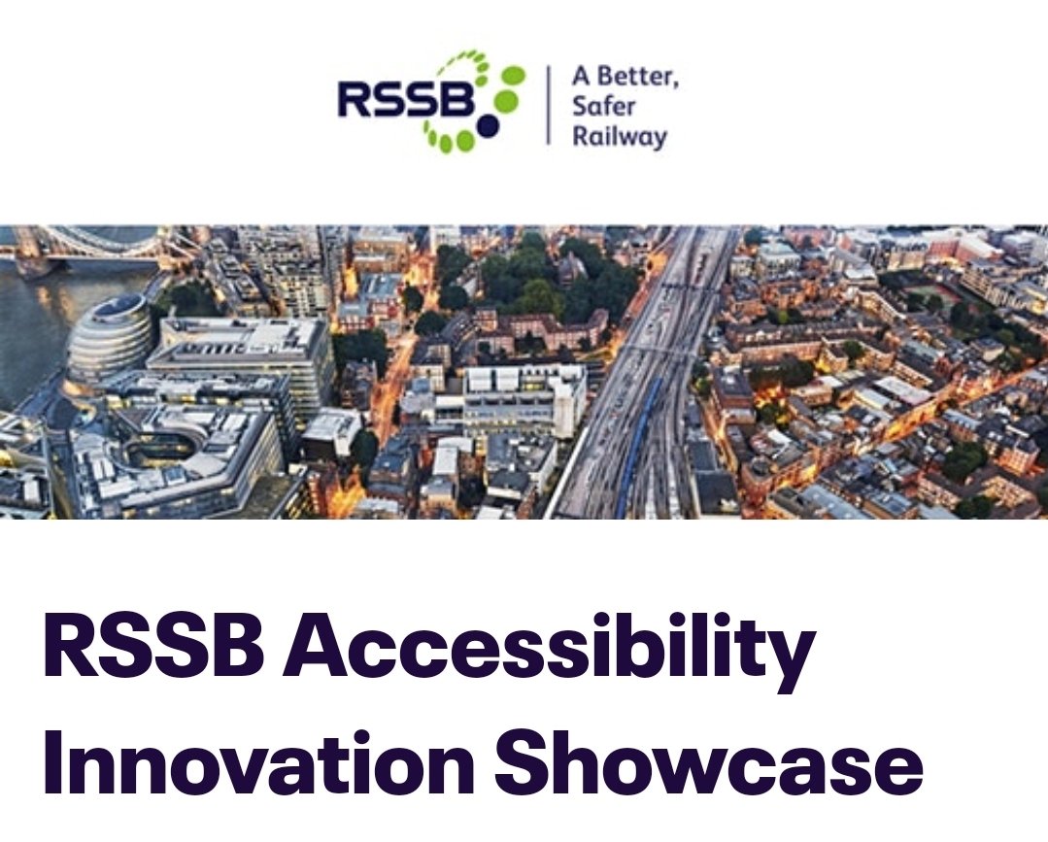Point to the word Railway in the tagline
(x=620, y=136)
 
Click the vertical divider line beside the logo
(x=548, y=105)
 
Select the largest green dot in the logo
(x=504, y=100)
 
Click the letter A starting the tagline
(x=580, y=78)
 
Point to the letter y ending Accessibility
(x=792, y=660)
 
